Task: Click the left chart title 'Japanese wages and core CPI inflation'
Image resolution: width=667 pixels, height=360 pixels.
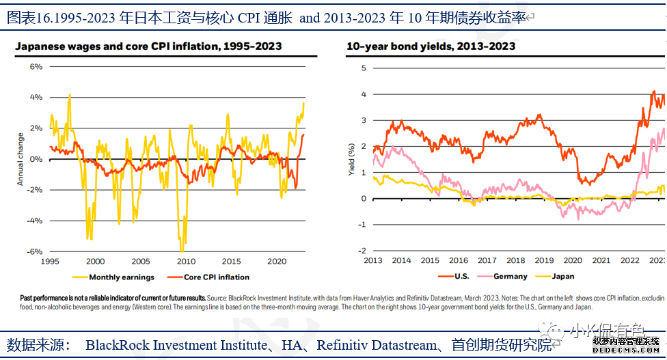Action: point(148,46)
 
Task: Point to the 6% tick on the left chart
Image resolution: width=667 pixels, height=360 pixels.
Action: point(36,67)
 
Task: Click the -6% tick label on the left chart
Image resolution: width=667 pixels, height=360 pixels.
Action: point(34,251)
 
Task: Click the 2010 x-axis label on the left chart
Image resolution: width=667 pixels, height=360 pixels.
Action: point(186,262)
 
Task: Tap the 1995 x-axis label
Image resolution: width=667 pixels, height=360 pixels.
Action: point(51,262)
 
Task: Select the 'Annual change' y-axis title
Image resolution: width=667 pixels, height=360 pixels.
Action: point(21,158)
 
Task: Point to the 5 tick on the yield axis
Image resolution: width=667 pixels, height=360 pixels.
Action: point(364,68)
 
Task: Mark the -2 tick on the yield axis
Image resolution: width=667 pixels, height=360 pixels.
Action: point(362,251)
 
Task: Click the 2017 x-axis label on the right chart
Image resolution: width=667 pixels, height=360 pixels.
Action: point(487,260)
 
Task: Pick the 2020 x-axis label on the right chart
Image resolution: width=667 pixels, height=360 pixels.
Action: point(572,260)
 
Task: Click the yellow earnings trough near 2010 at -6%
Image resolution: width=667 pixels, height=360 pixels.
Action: point(182,249)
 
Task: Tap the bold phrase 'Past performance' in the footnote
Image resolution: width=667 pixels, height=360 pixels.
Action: point(44,299)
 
